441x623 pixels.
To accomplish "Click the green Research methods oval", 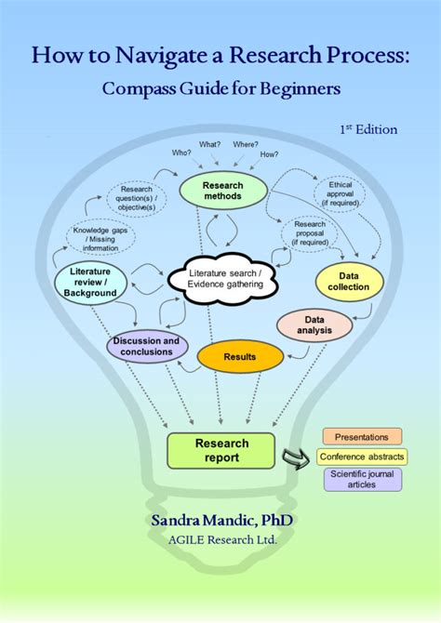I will pyautogui.click(x=222, y=190).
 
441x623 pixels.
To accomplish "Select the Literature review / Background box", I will pyautogui.click(x=92, y=282).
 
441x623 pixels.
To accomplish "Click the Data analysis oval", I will pyautogui.click(x=314, y=325).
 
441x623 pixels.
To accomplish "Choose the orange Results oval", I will pyautogui.click(x=240, y=356).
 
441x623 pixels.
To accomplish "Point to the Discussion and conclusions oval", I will pyautogui.click(x=146, y=347).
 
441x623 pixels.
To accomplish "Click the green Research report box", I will pyautogui.click(x=221, y=450).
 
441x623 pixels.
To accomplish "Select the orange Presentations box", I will pyautogui.click(x=362, y=436).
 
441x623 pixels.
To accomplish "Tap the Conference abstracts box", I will pyautogui.click(x=362, y=457).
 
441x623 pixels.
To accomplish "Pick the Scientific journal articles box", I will pyautogui.click(x=362, y=480).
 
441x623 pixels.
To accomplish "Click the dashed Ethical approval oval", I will pyautogui.click(x=341, y=193).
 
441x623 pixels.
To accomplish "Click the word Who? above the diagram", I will pyautogui.click(x=180, y=152).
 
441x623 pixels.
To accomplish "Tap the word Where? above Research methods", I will pyautogui.click(x=247, y=145).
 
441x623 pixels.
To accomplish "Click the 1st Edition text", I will pyautogui.click(x=367, y=129).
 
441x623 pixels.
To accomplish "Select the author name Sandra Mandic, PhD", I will pyautogui.click(x=220, y=520).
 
